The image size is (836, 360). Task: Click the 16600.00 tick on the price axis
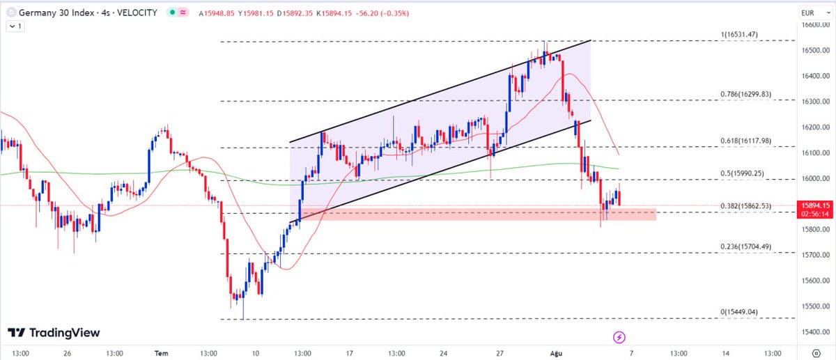click(816, 25)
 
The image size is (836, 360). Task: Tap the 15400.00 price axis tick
click(816, 331)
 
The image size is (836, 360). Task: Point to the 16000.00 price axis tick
click(816, 178)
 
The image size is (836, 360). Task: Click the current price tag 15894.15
click(816, 205)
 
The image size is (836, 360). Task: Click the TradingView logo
click(54, 334)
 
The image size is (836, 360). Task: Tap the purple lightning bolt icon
click(619, 337)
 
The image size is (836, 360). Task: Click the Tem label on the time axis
click(162, 353)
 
